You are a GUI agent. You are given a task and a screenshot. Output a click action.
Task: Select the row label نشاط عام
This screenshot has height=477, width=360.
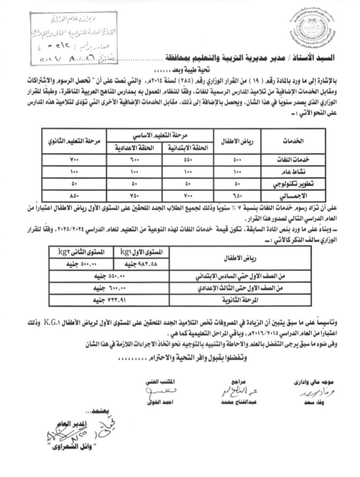pyautogui.click(x=293, y=172)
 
